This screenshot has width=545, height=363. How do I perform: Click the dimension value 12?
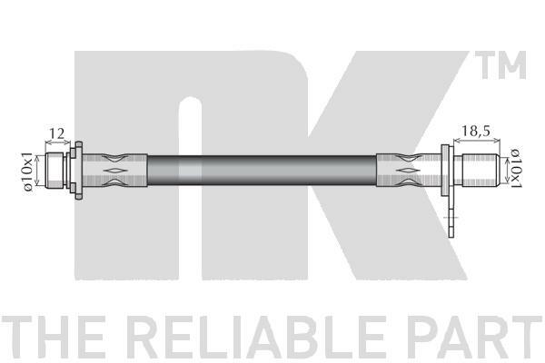pyautogui.click(x=57, y=133)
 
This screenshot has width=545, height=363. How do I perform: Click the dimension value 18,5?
pyautogui.click(x=475, y=131)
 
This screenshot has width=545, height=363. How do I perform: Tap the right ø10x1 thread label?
pyautogui.click(x=517, y=169)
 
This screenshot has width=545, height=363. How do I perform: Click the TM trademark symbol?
pyautogui.click(x=500, y=65)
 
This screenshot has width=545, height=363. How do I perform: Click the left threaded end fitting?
pyautogui.click(x=55, y=171)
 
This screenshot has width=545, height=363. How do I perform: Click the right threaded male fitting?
pyautogui.click(x=477, y=171)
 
